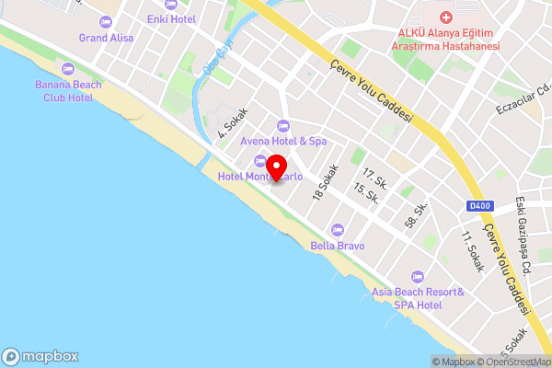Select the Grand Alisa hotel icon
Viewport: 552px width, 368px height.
coord(107,21)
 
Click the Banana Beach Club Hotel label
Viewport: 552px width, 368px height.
coord(64,90)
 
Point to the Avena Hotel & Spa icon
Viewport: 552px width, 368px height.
coord(282,125)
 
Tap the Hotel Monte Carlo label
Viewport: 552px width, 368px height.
coord(260,177)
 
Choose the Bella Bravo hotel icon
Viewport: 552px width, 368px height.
coord(338,230)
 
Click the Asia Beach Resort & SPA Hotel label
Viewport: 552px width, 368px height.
coord(418,298)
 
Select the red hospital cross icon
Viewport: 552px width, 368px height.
coord(446,17)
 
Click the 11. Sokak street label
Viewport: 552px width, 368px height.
coord(471,246)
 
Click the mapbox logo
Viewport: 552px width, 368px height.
coord(41,356)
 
